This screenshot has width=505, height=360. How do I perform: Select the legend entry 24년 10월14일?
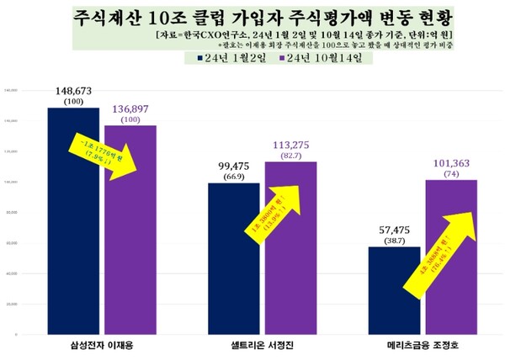click(x=320, y=59)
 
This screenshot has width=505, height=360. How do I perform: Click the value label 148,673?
click(x=74, y=90)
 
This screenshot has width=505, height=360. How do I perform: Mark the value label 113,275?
click(x=291, y=145)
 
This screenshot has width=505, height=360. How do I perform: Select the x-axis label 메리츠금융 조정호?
click(x=423, y=344)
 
